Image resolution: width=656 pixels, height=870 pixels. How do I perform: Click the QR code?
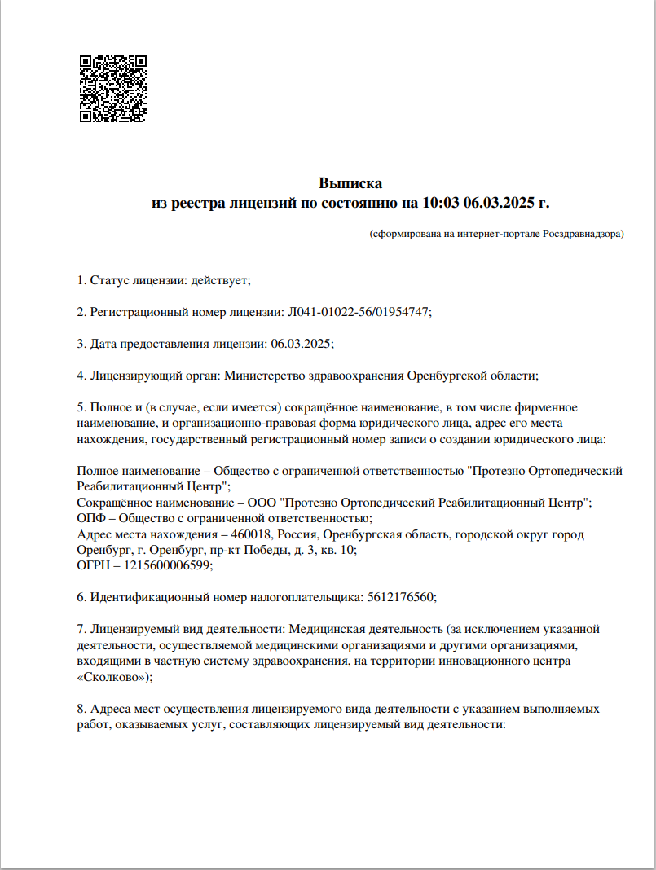(x=112, y=89)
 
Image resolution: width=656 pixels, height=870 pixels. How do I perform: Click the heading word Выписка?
(x=350, y=183)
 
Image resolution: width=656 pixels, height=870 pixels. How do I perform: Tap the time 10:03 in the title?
(x=441, y=203)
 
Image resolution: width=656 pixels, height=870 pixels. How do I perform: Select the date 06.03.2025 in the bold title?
(x=500, y=203)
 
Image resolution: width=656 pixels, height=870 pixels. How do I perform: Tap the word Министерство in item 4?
(x=262, y=376)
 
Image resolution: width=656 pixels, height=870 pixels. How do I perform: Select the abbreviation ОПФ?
(x=91, y=518)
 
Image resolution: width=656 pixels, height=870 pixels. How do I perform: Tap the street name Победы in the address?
(x=275, y=550)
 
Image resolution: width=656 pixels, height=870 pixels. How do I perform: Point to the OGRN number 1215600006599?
(x=164, y=566)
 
